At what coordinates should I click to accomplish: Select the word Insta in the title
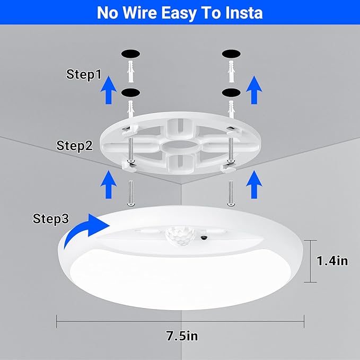click(243, 12)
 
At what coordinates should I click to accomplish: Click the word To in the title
click(219, 12)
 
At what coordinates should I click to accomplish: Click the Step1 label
click(84, 75)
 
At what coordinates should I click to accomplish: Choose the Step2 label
click(75, 145)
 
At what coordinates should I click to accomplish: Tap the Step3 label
click(51, 218)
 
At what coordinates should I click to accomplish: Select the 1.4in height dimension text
click(332, 261)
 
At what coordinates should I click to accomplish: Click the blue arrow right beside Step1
click(109, 89)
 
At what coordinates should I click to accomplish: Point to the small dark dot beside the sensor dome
click(204, 238)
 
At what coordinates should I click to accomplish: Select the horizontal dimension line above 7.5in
click(180, 320)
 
